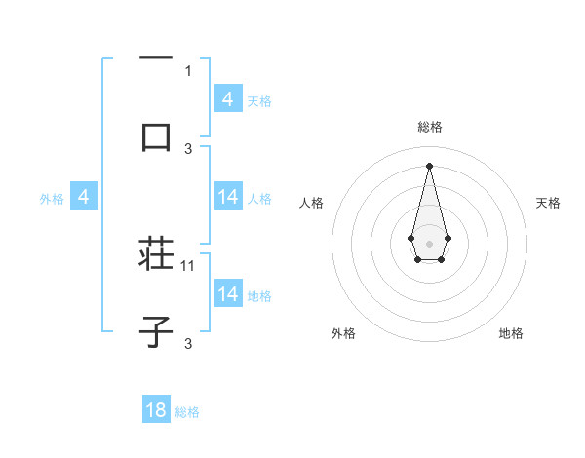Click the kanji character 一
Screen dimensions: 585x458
coord(156,57)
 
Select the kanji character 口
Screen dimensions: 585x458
coord(156,136)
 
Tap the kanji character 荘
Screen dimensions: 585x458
coord(156,255)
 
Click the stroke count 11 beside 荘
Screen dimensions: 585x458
coord(189,265)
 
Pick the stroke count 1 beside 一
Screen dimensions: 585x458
coord(188,70)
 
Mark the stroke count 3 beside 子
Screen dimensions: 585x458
coord(189,343)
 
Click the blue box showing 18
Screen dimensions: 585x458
coord(156,410)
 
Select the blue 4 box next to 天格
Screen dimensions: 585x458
coord(228,99)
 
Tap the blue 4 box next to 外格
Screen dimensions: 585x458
coord(84,198)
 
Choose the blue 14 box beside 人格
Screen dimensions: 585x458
coord(228,198)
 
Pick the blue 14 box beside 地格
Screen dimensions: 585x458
coord(228,294)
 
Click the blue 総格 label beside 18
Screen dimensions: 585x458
coord(187,412)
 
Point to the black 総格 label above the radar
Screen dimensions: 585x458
coord(429,128)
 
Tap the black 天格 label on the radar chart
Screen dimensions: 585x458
coord(548,203)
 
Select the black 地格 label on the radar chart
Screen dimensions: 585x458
coord(511,334)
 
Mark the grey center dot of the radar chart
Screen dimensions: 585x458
coord(429,242)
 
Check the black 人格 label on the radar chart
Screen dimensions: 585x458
coord(311,203)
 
